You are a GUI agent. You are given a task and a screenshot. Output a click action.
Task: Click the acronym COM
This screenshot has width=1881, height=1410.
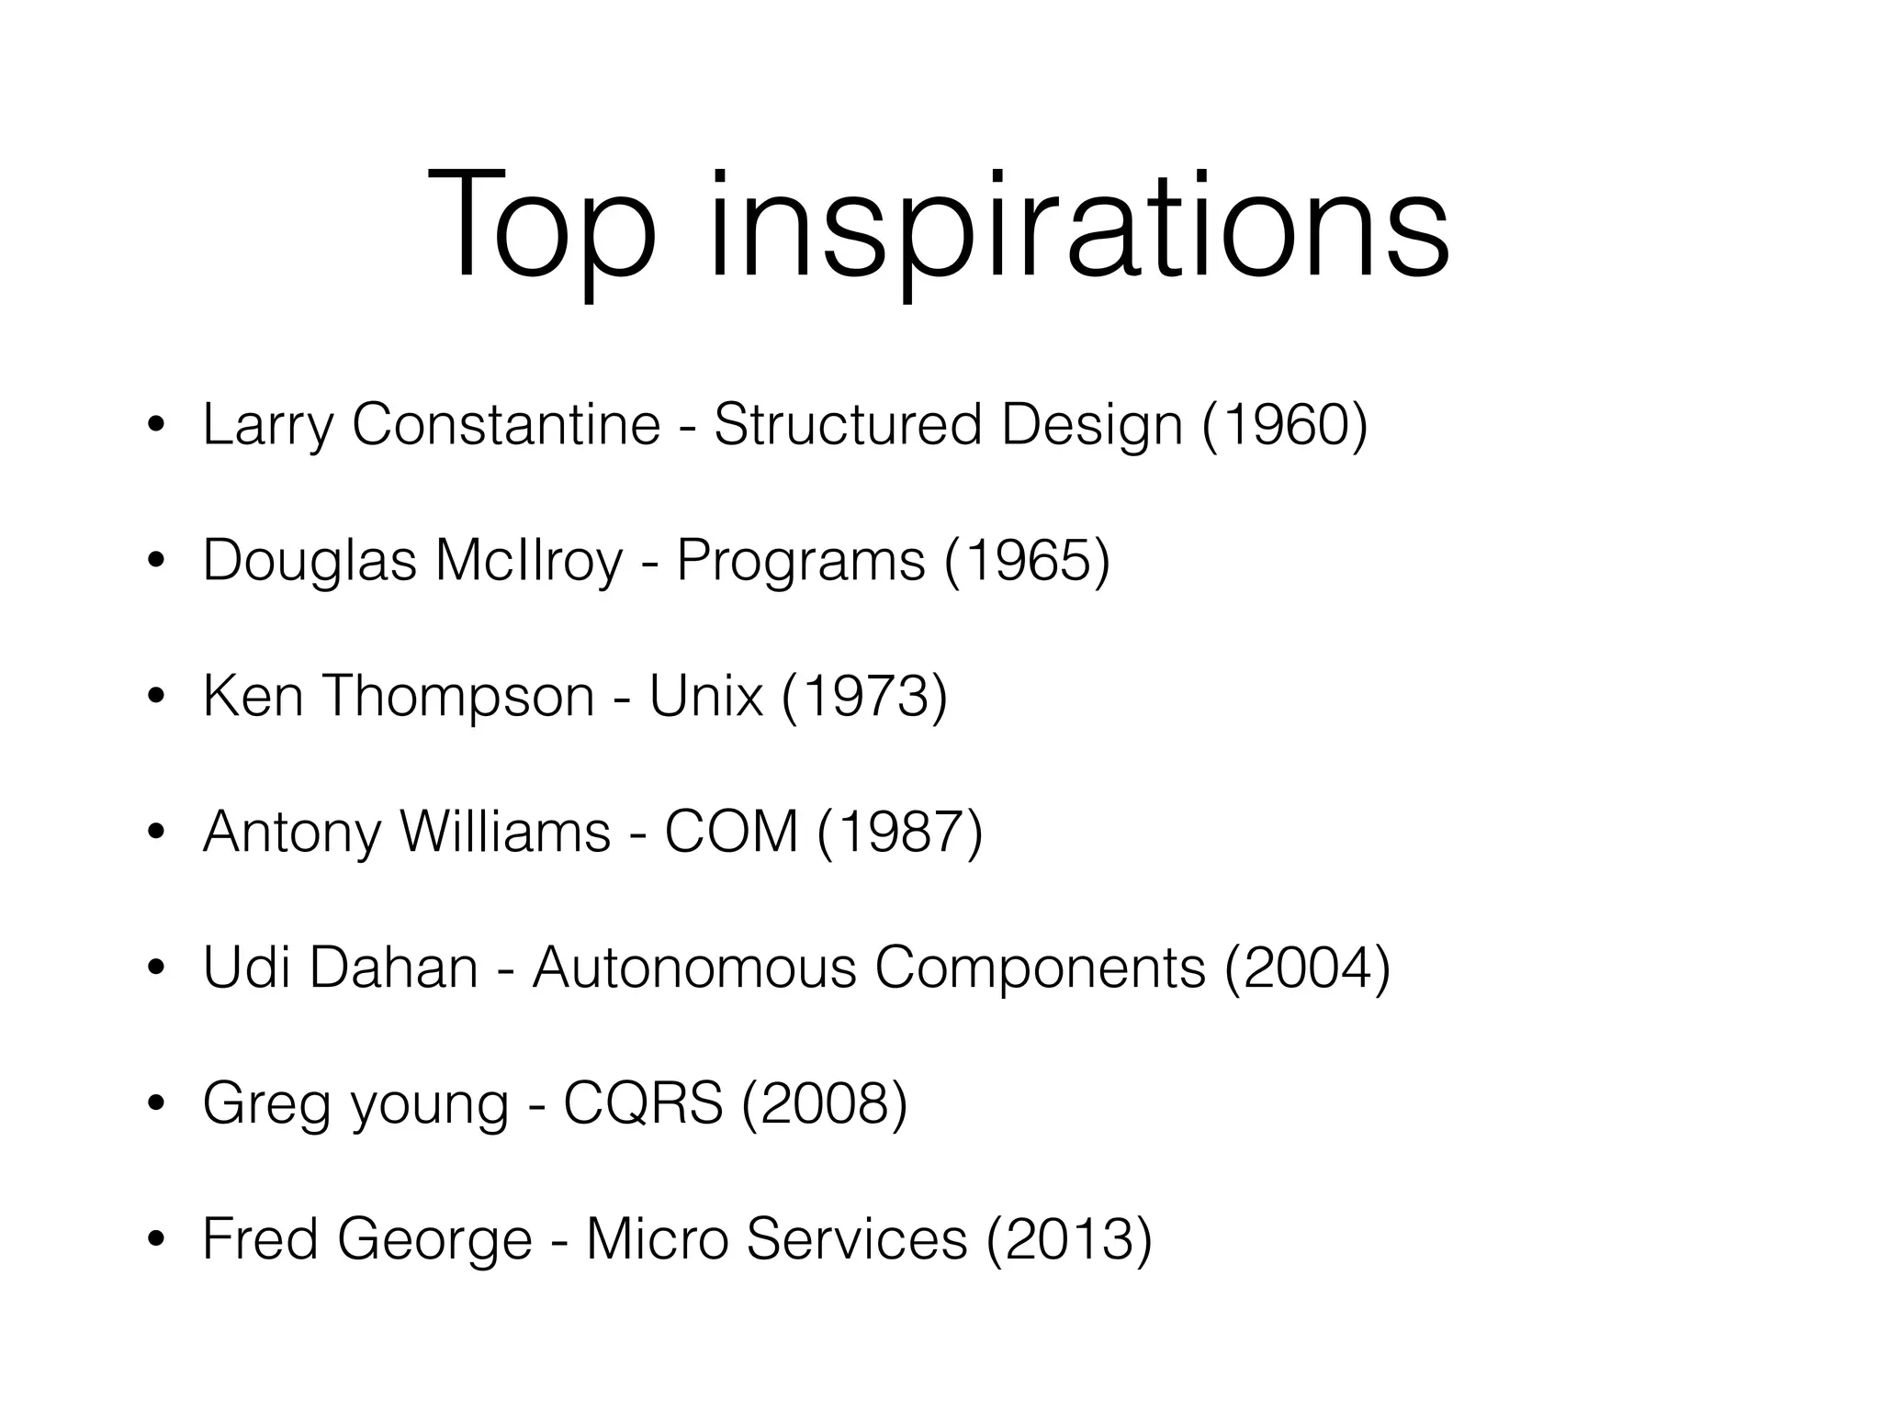(731, 832)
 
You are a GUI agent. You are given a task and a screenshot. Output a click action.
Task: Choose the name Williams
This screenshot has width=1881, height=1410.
(505, 832)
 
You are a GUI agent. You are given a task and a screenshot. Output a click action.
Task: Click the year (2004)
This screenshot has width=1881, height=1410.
(1307, 968)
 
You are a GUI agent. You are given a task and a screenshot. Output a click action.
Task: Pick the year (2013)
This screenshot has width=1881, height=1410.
(1068, 1239)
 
